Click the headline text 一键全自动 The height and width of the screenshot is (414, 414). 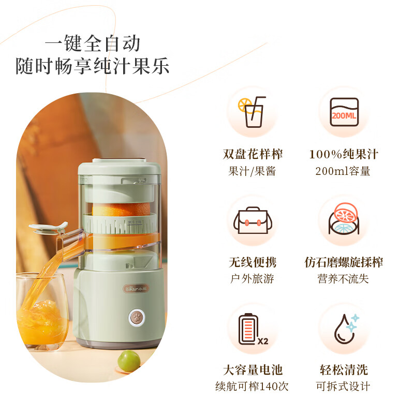point(93,43)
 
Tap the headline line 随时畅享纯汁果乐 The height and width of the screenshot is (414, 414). point(93,67)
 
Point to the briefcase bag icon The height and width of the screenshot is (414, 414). point(253,221)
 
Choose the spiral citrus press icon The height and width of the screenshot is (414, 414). point(344,221)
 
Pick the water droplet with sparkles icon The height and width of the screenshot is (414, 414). point(344,329)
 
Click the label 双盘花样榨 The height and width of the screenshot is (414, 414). point(253,154)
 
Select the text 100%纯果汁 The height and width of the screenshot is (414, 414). point(344,154)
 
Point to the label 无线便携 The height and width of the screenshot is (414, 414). point(253,262)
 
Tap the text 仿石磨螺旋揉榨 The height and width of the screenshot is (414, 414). point(344,262)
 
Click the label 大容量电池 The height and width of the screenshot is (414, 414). point(253,370)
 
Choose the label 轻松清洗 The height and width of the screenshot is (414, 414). point(344,370)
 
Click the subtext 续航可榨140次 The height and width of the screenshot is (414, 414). point(253,386)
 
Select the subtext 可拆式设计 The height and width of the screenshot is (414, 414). point(344,386)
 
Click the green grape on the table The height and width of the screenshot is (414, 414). point(127,360)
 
